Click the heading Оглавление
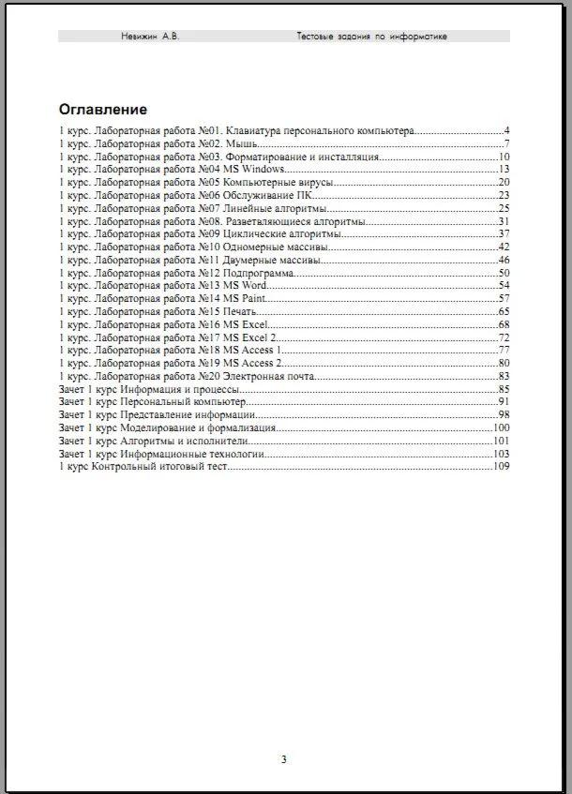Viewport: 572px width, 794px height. click(102, 109)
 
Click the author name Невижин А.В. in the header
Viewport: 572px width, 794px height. click(150, 37)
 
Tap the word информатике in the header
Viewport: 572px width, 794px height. click(418, 37)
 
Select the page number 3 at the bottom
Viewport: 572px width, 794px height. click(283, 759)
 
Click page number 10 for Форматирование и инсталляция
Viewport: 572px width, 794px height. click(504, 157)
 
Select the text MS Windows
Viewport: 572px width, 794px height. click(254, 169)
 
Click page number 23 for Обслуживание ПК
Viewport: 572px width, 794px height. click(504, 195)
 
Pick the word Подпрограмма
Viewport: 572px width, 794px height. click(258, 273)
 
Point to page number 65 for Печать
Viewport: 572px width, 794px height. click(504, 311)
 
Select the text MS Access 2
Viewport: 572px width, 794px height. click(252, 363)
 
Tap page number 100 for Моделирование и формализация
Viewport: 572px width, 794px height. click(501, 427)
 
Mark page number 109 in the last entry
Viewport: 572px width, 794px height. click(501, 466)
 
